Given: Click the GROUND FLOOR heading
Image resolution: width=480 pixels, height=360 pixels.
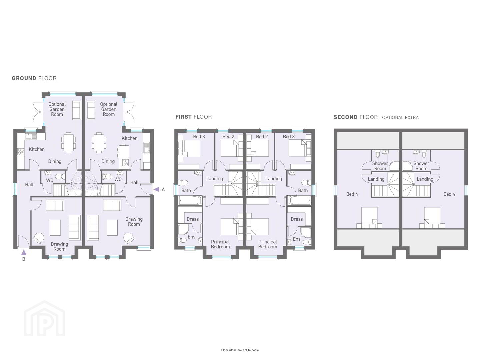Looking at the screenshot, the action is tap(34, 78).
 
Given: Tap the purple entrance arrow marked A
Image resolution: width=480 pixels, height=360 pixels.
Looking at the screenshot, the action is tap(157, 190).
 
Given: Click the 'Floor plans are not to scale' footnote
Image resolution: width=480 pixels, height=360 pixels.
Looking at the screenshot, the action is tap(240, 350).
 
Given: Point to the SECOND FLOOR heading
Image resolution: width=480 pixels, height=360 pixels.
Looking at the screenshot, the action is tap(376, 117).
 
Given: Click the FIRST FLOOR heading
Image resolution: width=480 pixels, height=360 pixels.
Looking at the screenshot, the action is tap(194, 117).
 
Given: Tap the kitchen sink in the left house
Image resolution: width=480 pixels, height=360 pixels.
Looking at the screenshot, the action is tap(31, 136).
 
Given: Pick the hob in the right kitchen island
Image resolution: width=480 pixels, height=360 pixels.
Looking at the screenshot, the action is tap(125, 162).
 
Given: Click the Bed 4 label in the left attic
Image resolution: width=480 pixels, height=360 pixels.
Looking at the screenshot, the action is tap(352, 194).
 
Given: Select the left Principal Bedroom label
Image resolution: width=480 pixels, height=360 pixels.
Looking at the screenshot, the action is tap(220, 244).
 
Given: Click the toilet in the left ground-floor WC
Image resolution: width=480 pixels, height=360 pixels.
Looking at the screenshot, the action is tap(60, 176).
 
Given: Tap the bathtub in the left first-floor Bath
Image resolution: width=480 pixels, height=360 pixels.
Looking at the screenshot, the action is tap(190, 200).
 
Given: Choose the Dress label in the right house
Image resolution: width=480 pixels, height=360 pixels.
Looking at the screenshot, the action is tap(297, 219).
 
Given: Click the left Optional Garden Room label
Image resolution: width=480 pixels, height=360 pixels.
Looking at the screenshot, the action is tap(57, 109).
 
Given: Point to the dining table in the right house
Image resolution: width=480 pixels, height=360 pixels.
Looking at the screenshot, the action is tap(99, 143).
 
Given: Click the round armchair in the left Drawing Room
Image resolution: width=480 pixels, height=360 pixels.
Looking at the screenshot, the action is tap(39, 238).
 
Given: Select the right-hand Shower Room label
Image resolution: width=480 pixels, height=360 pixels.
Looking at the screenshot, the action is tap(421, 166).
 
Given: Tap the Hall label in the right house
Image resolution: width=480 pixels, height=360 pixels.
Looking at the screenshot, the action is tap(134, 182).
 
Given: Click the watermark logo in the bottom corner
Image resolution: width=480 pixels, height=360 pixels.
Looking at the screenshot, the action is tap(44, 318).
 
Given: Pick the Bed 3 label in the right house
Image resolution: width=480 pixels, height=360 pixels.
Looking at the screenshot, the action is tap(289, 137).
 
